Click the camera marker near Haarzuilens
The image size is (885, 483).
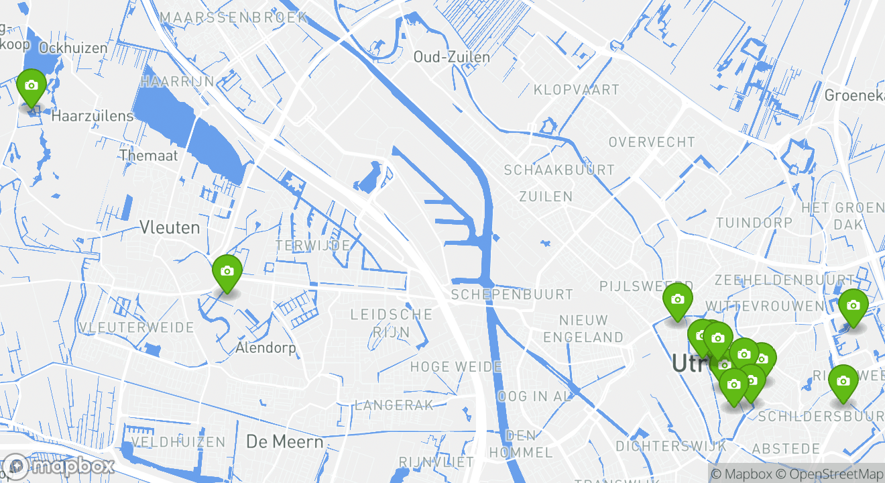pos(31,87)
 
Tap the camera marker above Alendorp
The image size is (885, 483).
pos(227,272)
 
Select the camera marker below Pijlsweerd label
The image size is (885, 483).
pos(677,301)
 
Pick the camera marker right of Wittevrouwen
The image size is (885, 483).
pos(853,307)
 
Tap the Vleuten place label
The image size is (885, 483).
pos(170,227)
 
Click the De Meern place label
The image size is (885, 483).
pos(285,442)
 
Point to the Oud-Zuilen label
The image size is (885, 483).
pos(452,57)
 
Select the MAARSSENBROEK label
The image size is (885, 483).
pos(234,17)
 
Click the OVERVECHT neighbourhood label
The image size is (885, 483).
pos(652,142)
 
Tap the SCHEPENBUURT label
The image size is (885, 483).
pos(512,294)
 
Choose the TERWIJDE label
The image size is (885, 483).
pos(313,246)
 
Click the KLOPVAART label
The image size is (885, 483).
pos(577,89)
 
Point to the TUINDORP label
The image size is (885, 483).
pos(754,222)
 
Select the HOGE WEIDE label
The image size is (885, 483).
pos(456,367)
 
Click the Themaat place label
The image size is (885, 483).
pos(149,156)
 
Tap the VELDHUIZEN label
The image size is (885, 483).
pos(179,442)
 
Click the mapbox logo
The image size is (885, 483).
pos(59,466)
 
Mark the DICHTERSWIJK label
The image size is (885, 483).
pos(671,446)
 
